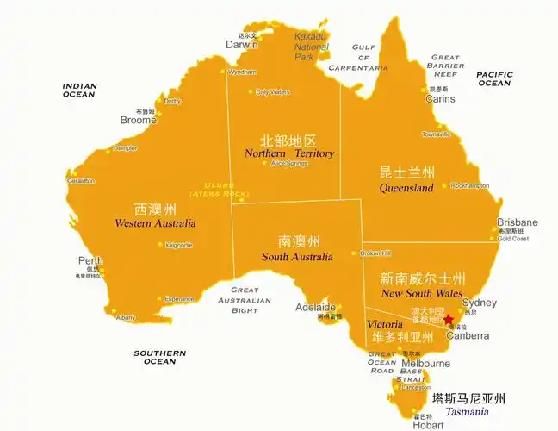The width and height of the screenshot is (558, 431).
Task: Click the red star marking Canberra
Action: coord(448,319)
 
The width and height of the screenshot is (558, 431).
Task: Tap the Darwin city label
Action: coord(241,45)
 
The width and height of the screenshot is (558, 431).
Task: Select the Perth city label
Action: coord(90,261)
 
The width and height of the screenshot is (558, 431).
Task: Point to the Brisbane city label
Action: coord(517,222)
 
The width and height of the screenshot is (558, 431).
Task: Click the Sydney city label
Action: coord(479,303)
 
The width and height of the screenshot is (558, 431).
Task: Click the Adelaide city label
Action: coord(315,308)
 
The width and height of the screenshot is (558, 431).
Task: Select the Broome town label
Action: coord(139,121)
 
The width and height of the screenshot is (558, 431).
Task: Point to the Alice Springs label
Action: coord(288,163)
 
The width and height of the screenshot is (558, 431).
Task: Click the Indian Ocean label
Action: coord(78,90)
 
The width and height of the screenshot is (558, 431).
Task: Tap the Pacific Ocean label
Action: coord(494,78)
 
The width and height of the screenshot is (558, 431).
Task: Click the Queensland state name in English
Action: coord(406,188)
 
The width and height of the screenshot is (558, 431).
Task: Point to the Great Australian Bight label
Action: coord(245,300)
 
